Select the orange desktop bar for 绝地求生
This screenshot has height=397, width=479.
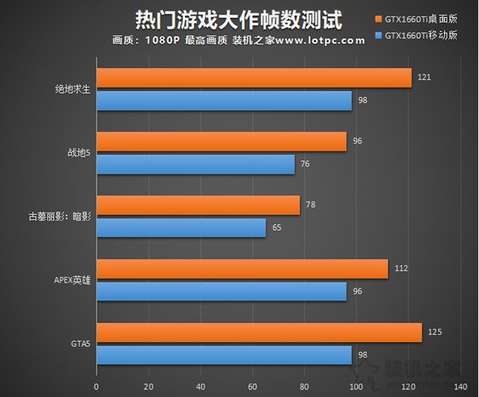point(254,78)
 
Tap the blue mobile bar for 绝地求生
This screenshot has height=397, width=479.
point(224,100)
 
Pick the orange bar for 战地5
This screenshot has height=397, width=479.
point(222,142)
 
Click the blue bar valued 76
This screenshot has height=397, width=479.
point(195,164)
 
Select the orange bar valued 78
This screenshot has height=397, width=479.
point(198,205)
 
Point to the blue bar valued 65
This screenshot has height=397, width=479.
point(181,227)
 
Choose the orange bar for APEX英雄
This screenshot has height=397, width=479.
point(242,269)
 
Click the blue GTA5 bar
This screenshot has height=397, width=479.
point(224,355)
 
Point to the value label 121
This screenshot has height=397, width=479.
point(425,76)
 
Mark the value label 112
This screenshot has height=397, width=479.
point(401,267)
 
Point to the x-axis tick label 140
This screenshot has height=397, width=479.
point(460,387)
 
